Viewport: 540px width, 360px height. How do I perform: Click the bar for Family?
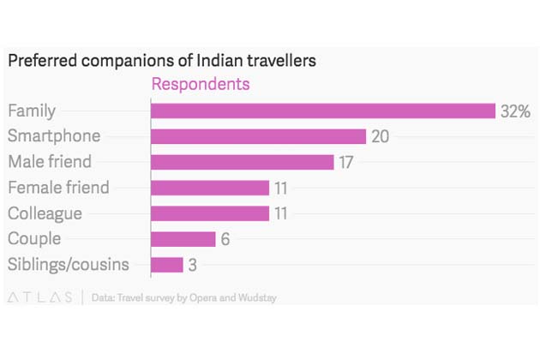point(323,111)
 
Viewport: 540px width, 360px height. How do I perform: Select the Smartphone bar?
point(259,136)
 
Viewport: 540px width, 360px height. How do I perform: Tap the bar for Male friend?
point(242,162)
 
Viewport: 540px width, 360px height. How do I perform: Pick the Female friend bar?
point(210,188)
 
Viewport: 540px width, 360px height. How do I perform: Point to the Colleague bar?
point(210,213)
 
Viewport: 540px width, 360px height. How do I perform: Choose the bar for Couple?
point(183,239)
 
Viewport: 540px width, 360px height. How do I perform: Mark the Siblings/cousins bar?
point(167,265)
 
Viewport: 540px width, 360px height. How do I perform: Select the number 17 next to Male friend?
point(346,162)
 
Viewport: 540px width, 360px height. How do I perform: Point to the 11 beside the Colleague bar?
point(281,213)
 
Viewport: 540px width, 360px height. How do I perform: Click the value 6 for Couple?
point(225,239)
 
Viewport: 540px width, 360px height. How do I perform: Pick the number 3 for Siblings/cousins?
point(193,265)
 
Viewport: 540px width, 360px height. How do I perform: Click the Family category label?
point(32,111)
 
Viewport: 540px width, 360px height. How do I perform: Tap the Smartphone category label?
point(54,136)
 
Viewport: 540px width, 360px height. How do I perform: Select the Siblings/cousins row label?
point(69,264)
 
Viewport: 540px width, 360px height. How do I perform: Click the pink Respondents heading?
point(201,84)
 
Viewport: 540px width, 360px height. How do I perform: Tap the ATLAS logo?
point(40,297)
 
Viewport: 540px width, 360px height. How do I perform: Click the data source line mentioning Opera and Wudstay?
point(183,298)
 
